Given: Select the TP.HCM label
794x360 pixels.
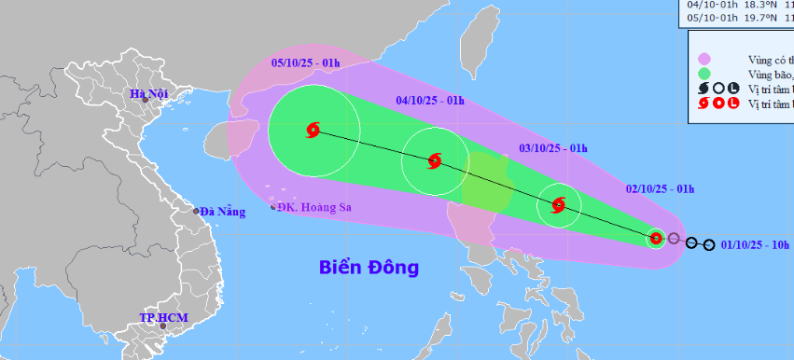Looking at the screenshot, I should [x=163, y=318].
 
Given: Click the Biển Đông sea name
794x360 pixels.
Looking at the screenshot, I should [x=369, y=269].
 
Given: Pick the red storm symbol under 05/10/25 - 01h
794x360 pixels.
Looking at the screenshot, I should [x=313, y=132].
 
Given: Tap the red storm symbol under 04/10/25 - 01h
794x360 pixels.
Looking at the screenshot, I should [x=434, y=161].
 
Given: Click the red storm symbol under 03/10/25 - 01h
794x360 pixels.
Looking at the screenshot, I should [x=558, y=205].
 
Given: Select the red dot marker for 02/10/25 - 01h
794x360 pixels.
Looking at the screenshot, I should [x=656, y=238].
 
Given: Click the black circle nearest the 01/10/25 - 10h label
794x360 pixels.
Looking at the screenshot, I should [x=710, y=245].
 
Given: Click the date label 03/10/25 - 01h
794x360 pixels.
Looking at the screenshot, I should [x=552, y=147].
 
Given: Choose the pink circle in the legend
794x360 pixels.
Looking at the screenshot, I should [x=704, y=59].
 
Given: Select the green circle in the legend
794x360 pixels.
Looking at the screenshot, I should [x=704, y=74].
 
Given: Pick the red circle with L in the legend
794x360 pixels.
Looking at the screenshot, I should [x=734, y=104].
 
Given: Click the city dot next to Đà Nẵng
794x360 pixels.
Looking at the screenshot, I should [x=197, y=211].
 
